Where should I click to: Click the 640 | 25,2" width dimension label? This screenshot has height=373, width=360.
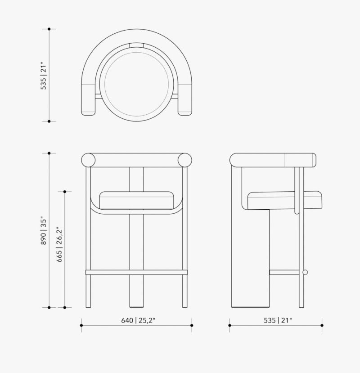click(x=138, y=320)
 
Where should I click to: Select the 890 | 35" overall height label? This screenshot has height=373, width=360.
click(x=44, y=230)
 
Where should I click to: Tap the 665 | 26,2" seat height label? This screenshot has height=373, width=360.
click(x=59, y=244)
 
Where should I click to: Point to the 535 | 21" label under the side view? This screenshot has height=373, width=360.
click(x=278, y=320)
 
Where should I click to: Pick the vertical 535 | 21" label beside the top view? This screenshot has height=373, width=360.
click(x=44, y=76)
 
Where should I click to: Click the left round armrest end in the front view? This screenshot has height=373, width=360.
click(x=88, y=160)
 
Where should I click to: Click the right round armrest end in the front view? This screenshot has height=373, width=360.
click(x=185, y=160)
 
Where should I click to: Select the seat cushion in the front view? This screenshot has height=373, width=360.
click(x=136, y=200)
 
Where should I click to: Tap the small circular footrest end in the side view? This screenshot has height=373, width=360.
click(x=305, y=272)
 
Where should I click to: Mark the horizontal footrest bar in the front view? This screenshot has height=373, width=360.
click(x=137, y=272)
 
